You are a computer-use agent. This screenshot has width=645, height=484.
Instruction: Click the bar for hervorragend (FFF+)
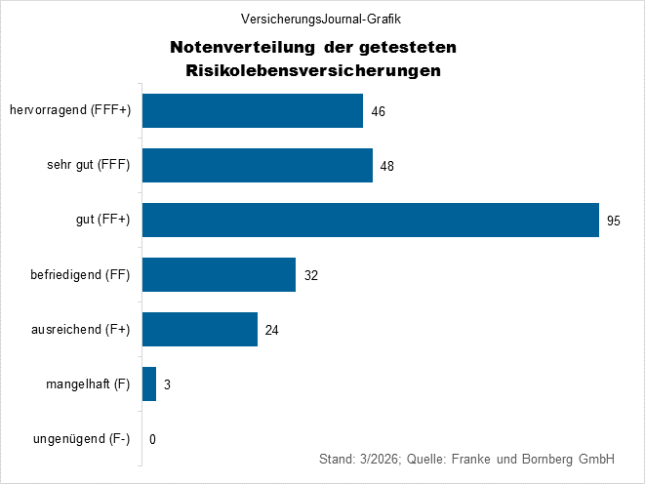tap(253, 111)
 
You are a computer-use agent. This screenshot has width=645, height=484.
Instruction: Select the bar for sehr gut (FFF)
tap(258, 166)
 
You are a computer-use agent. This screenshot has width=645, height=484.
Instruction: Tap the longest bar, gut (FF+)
tap(371, 221)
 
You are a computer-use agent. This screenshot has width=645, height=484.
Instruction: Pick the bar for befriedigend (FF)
tap(219, 275)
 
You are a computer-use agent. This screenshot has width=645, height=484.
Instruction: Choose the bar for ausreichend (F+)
tap(200, 330)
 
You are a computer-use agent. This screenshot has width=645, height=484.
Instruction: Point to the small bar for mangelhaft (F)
tap(149, 384)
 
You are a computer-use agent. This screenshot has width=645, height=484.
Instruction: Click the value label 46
tap(379, 111)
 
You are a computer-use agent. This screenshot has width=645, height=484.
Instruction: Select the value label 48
tap(387, 166)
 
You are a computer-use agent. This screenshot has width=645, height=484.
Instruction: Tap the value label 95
tap(614, 221)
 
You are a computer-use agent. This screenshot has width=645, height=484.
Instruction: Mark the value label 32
tap(311, 275)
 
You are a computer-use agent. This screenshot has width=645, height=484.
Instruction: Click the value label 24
tap(272, 330)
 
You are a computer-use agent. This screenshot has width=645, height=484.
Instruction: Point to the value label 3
tap(168, 384)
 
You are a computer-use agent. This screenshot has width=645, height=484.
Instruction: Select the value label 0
tap(153, 439)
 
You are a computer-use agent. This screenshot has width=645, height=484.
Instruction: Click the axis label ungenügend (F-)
tap(82, 439)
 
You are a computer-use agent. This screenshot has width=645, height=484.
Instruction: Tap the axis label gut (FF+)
tap(102, 221)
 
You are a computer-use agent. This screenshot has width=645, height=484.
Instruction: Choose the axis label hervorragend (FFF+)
tap(70, 111)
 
